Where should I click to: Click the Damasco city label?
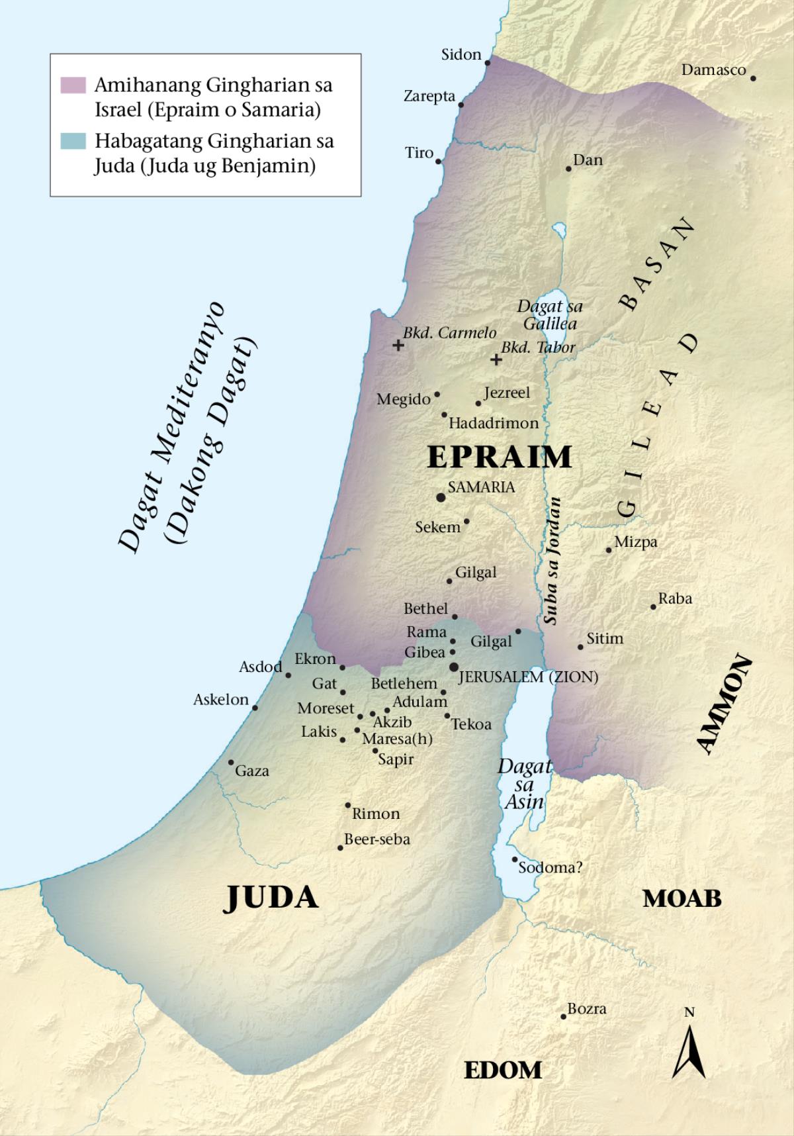coord(713,70)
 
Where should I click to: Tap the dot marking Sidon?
coord(488,62)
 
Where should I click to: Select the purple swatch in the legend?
coord(73,85)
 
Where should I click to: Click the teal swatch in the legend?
coord(73,141)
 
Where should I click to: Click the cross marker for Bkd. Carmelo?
coord(398,345)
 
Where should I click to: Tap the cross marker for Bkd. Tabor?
coord(496,359)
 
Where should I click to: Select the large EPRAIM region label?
coord(500,457)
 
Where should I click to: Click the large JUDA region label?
coord(272,898)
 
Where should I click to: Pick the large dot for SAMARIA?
coord(441,497)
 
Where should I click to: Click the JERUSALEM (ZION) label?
coord(528,677)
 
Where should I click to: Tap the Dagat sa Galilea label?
coord(550,315)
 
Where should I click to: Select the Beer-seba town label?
coord(377,839)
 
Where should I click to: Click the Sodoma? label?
coord(550,867)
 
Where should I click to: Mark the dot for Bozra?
coord(563,1016)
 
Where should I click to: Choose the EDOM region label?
coord(503,1070)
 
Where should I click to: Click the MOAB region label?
coord(682,898)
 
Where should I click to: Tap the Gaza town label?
coord(252,771)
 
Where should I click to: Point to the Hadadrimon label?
coord(494,423)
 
